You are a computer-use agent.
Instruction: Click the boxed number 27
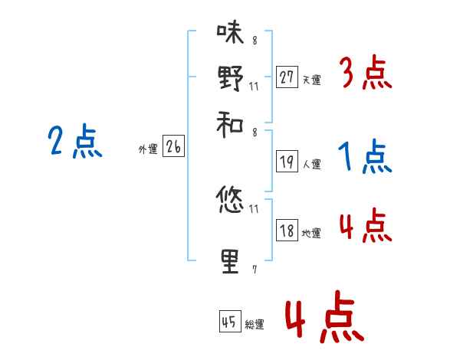pyautogui.click(x=287, y=77)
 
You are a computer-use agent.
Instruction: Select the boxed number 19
pyautogui.click(x=287, y=162)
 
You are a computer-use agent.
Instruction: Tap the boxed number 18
pyautogui.click(x=287, y=231)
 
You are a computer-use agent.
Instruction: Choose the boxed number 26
pyautogui.click(x=173, y=147)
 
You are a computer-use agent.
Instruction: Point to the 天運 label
pyautogui.click(x=311, y=79)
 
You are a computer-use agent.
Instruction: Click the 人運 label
pyautogui.click(x=311, y=164)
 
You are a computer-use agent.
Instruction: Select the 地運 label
pyautogui.click(x=311, y=233)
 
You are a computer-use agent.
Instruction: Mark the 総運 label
pyautogui.click(x=255, y=324)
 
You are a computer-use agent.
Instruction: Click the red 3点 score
pyautogui.click(x=365, y=74)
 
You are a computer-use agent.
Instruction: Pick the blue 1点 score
pyautogui.click(x=365, y=158)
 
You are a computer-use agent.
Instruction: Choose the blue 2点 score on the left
pyautogui.click(x=74, y=142)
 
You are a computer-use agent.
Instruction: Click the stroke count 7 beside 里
pyautogui.click(x=254, y=269)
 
